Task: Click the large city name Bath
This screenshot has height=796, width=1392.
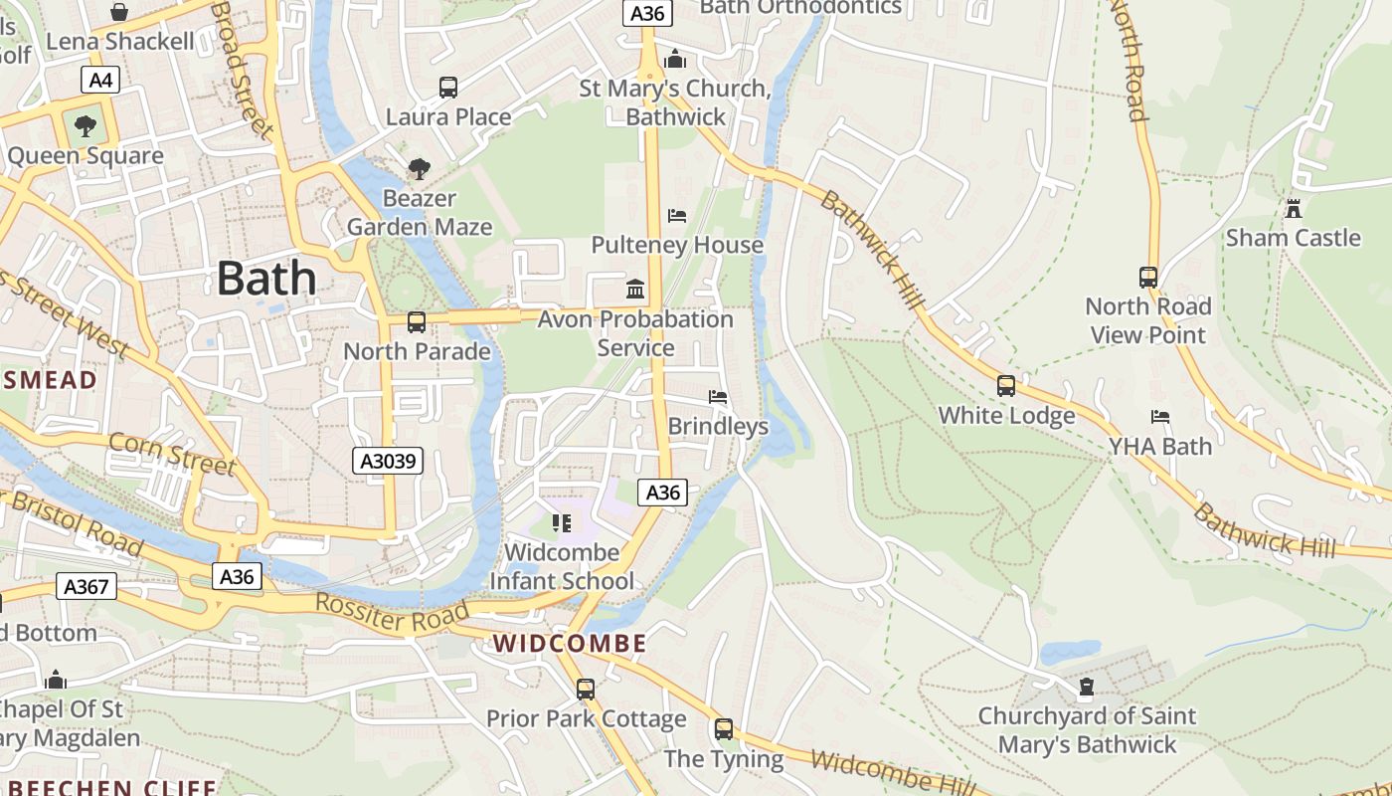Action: coord(266,278)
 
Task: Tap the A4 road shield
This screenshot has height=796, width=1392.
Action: coord(100,81)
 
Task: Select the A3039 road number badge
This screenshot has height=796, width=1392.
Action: coord(389,461)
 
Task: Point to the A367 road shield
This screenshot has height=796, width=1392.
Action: coord(87,586)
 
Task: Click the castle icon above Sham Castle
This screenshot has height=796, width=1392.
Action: coord(1293,209)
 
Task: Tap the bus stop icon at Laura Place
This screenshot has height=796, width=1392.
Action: coord(448,88)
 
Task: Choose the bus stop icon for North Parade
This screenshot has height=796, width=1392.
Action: coord(417,322)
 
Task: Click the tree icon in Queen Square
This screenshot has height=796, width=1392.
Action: coord(86,126)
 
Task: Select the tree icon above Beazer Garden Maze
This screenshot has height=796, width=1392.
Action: coord(420,169)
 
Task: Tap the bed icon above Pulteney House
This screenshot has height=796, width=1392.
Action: coord(677,216)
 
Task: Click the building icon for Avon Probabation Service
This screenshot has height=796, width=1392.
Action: coord(635,290)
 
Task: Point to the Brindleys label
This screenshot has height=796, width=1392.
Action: coord(718,426)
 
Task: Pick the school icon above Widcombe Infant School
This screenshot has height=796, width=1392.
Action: coord(562,522)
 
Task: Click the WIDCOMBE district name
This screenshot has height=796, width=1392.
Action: coord(570,644)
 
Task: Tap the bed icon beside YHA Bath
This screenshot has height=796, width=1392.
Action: coord(1159,417)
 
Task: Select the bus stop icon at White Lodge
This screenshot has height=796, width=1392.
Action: coord(1006,386)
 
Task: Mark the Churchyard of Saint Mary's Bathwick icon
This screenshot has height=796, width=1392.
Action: coord(1086,688)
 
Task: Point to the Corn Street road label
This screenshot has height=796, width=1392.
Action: coord(172,453)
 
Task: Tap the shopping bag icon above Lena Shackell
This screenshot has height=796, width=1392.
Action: coord(119,12)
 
